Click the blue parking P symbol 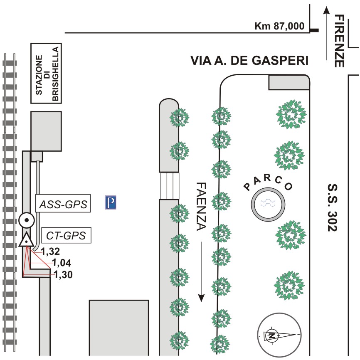click(111, 202)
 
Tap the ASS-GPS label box click(63, 204)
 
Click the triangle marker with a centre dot click(26, 240)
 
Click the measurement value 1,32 click(51, 251)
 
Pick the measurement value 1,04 click(62, 262)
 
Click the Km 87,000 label click(279, 26)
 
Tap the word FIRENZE click(340, 41)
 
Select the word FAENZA click(201, 206)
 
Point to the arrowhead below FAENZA click(201, 298)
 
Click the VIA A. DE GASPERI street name click(249, 61)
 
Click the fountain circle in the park click(268, 203)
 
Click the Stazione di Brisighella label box click(46, 73)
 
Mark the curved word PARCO click(268, 183)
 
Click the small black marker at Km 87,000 click(315, 30)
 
